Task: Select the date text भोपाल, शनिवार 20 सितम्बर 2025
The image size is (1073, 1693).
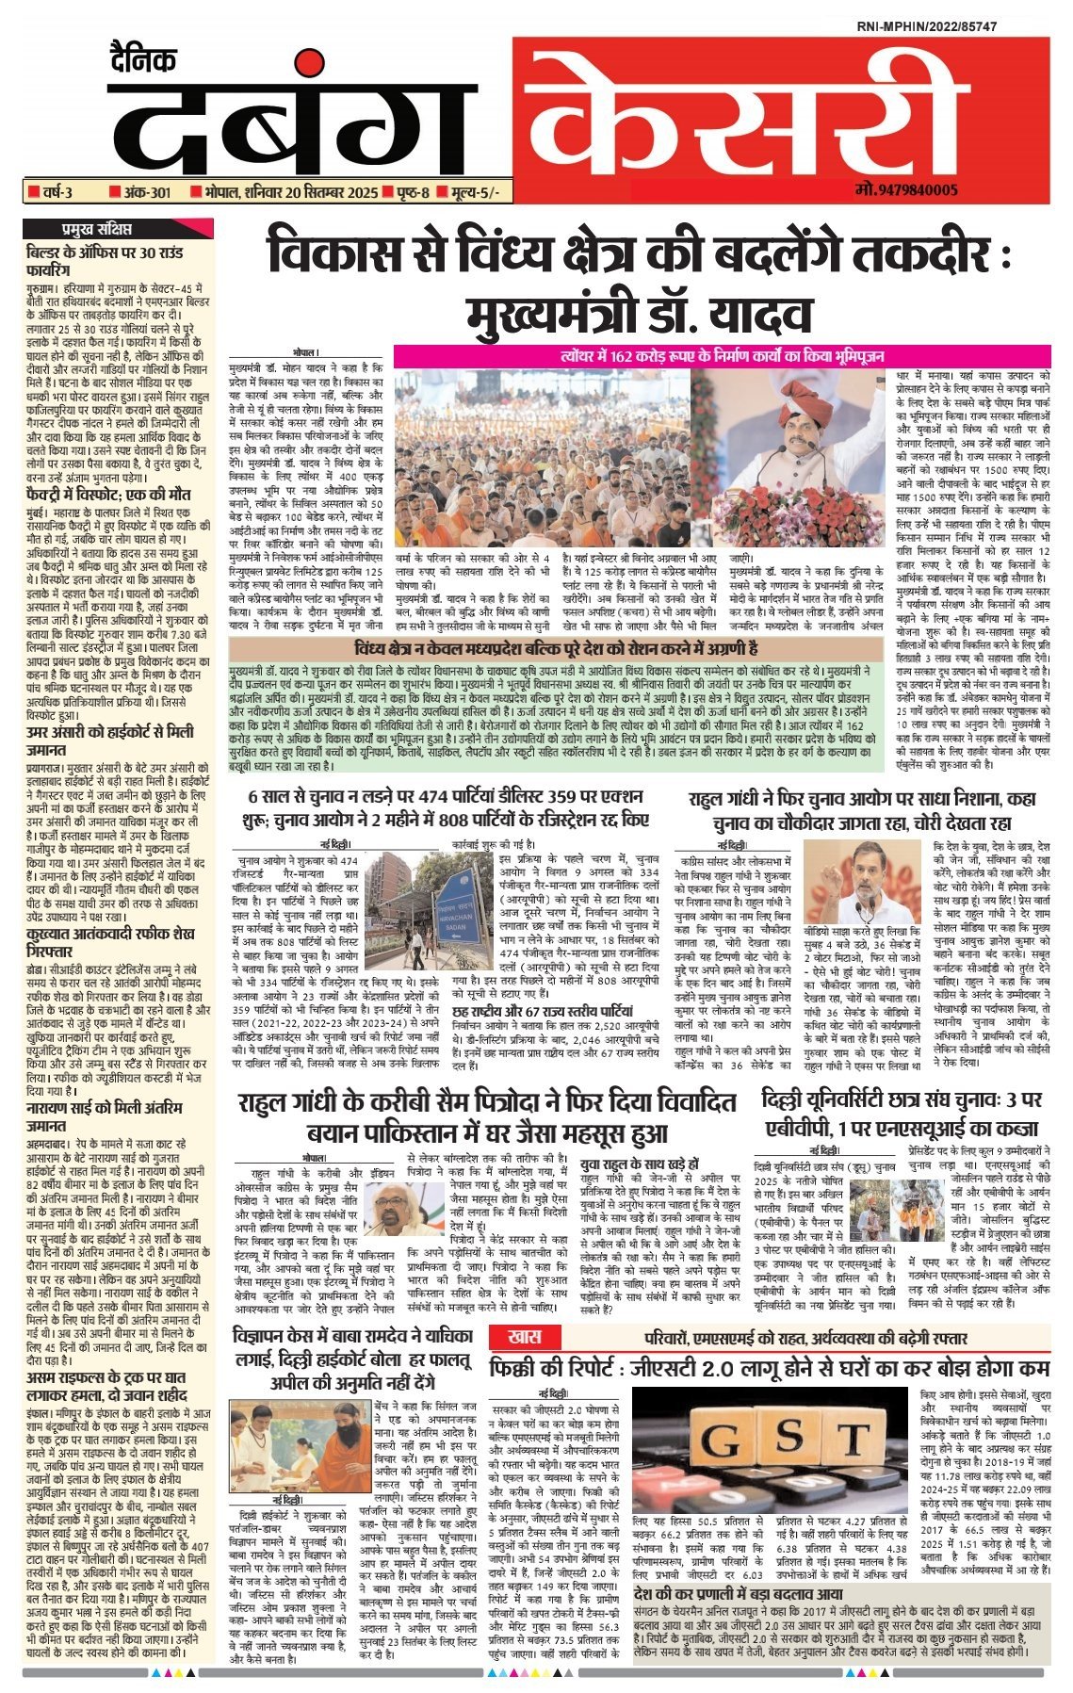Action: pos(283,193)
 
